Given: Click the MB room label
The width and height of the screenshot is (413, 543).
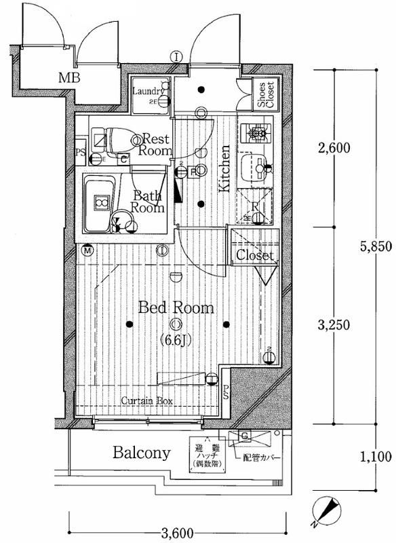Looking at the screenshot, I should click(68, 78).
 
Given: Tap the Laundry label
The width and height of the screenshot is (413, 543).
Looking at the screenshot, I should click(148, 92).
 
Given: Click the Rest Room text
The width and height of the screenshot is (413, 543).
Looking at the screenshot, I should click(155, 144).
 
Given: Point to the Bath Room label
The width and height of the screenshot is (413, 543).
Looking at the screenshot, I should click(147, 202).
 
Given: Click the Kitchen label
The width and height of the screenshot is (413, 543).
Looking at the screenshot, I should click(224, 166).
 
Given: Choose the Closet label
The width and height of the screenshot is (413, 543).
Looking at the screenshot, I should click(255, 256).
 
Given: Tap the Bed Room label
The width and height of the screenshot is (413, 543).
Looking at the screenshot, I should click(176, 308).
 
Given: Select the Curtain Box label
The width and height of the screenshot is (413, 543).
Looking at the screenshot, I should click(147, 401).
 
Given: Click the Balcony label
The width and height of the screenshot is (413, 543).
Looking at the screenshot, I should click(141, 453).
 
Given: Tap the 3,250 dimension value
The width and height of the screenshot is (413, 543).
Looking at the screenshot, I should click(334, 324).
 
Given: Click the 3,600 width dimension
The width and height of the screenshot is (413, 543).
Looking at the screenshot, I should click(176, 531).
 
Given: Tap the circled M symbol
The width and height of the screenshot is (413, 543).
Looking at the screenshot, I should click(88, 252).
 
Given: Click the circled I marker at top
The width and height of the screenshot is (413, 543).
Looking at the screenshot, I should click(176, 57).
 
